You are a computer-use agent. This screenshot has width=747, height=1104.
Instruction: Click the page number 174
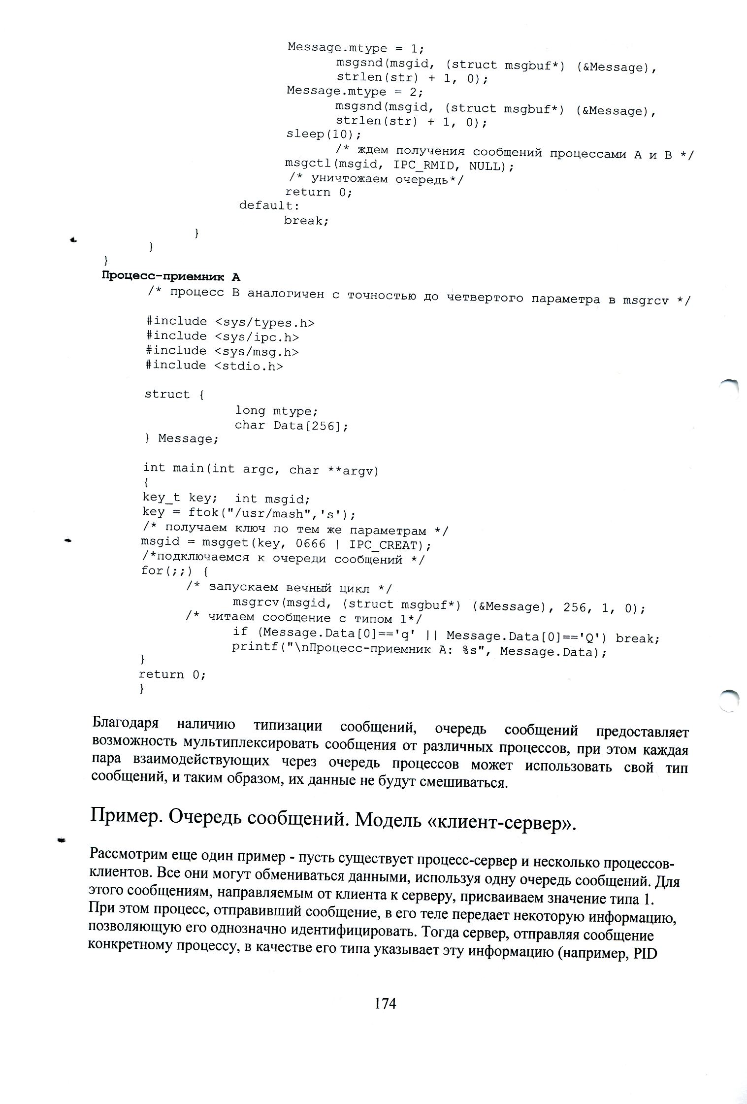[385, 1004]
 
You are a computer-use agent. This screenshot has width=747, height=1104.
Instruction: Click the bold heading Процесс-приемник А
[171, 276]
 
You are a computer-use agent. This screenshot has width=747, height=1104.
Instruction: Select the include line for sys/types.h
[230, 322]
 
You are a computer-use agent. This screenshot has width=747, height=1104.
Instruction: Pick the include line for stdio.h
[214, 366]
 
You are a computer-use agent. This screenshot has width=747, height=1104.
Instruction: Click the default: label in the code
[269, 205]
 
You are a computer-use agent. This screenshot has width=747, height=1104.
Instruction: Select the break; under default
[306, 220]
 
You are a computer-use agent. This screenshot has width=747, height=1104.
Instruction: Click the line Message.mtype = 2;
[355, 91]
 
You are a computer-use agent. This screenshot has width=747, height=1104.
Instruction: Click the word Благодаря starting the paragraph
[126, 723]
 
